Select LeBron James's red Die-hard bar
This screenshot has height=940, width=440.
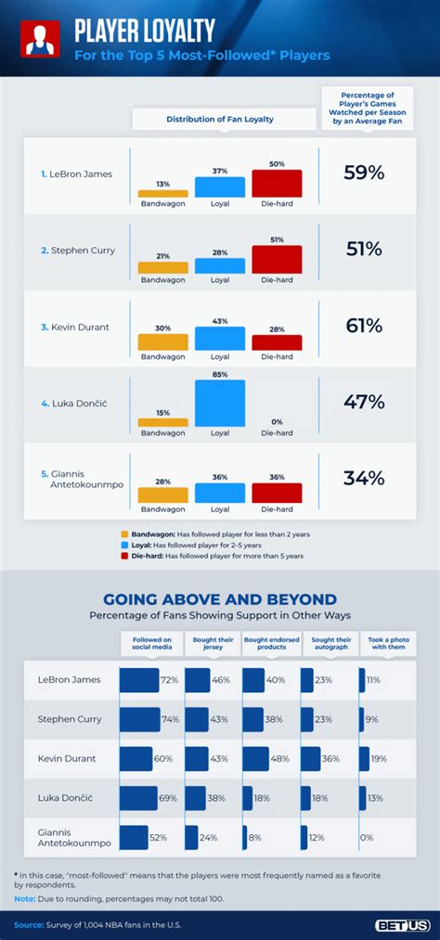pos(277,183)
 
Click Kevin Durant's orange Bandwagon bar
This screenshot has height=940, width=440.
pos(163,341)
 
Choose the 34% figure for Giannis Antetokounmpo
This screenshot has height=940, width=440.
pos(364,478)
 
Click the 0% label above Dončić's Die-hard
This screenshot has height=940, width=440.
pos(277,421)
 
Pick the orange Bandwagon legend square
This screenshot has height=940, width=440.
pos(124,534)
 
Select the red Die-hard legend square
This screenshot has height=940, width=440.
pos(124,556)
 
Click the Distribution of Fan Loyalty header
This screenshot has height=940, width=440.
pos(220,119)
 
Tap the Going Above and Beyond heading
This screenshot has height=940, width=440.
pos(220,599)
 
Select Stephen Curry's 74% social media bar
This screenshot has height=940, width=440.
pos(139,719)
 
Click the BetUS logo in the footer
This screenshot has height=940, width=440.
pos(401,925)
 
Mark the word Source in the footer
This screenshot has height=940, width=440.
pos(29,925)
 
